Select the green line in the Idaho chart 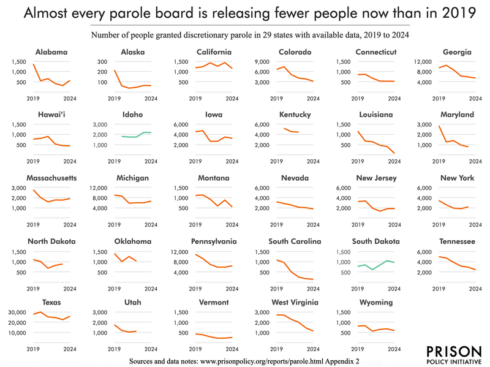[132, 137]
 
